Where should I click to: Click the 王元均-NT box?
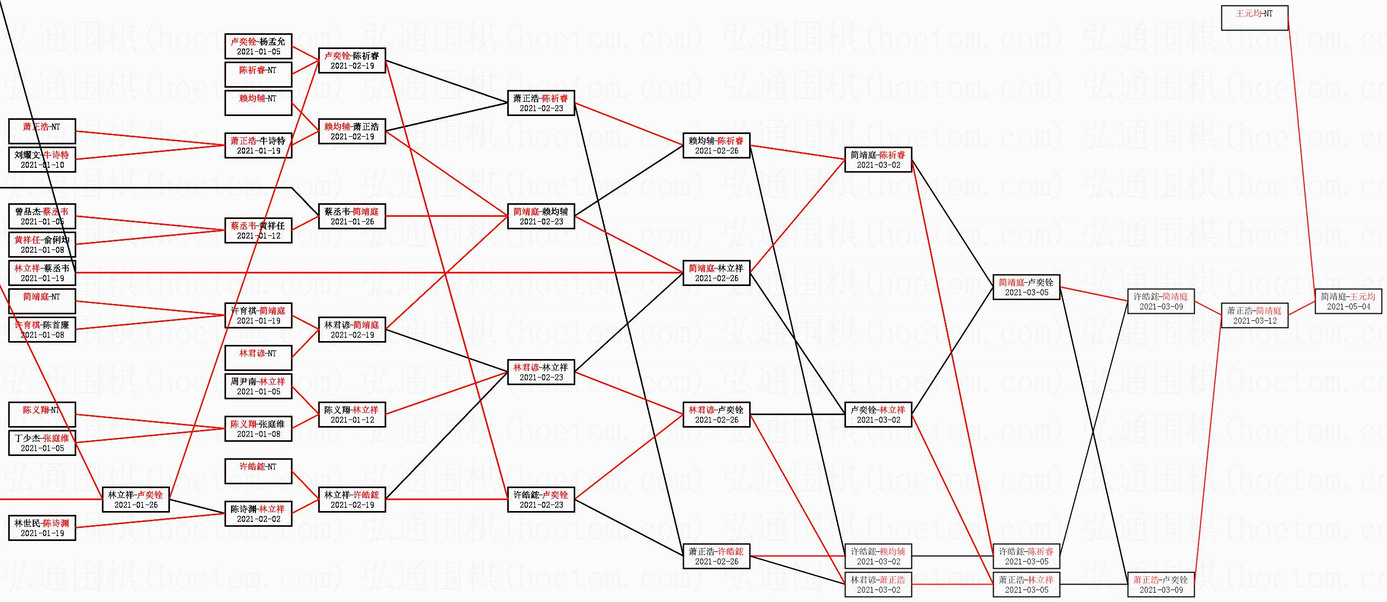[x=1254, y=18]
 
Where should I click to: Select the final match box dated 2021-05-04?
[x=1348, y=301]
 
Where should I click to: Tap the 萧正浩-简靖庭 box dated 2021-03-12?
[x=1255, y=315]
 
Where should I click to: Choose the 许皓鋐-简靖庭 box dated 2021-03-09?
[x=1160, y=301]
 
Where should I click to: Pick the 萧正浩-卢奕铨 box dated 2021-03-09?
[x=1160, y=585]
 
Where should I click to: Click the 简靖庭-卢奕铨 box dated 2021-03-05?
[x=1026, y=287]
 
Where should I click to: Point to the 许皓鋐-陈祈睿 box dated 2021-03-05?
[x=1026, y=556]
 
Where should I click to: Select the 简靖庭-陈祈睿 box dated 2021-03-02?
[x=878, y=160]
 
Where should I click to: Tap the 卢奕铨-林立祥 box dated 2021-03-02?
[x=878, y=415]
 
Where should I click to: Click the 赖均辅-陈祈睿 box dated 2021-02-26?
[x=716, y=145]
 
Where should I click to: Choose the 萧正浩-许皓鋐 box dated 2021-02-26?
[x=716, y=556]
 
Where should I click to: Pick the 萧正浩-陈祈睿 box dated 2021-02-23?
[x=540, y=103]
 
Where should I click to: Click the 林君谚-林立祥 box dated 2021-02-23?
[x=540, y=372]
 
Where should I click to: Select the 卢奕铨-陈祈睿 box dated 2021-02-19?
[x=352, y=60]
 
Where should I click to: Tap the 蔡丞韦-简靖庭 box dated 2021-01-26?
[x=352, y=216]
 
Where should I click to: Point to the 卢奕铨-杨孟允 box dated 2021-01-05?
[x=258, y=46]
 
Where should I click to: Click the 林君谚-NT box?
[x=258, y=358]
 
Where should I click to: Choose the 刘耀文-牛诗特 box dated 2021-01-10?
[x=42, y=160]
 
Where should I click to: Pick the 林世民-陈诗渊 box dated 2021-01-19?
[x=42, y=528]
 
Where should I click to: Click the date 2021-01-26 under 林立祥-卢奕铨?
[x=136, y=505]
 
